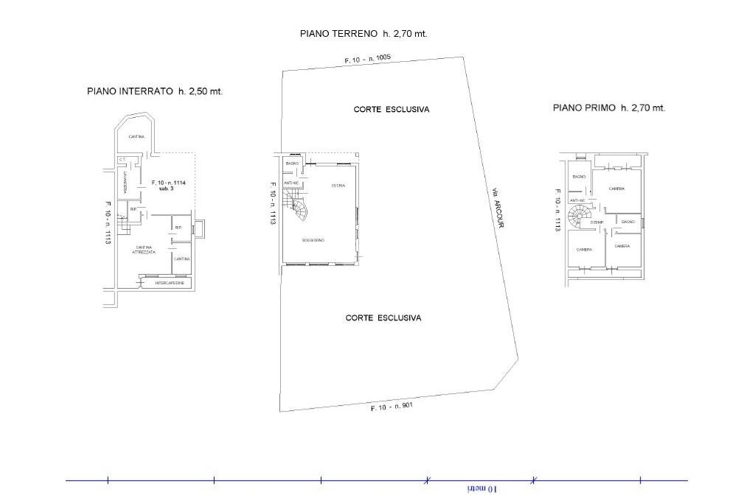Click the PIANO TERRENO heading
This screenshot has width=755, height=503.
click(x=363, y=33)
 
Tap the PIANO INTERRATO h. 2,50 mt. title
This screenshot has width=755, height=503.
click(x=155, y=91)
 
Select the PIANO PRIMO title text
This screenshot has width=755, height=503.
click(x=609, y=108)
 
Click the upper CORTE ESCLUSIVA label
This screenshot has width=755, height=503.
click(x=391, y=109)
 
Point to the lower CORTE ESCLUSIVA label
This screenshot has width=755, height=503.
click(x=383, y=318)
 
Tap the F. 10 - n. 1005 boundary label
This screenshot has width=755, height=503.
click(x=367, y=60)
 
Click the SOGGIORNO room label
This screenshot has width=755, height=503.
click(x=313, y=241)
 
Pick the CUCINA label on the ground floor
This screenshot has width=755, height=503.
click(x=338, y=185)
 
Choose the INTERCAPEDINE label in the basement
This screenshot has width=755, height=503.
click(x=170, y=283)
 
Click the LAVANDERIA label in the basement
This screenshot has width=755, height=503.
click(x=126, y=182)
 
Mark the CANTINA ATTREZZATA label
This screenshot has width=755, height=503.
click(x=144, y=250)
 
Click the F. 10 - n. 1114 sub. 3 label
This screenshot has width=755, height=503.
click(x=167, y=186)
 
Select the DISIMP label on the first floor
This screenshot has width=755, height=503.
click(x=597, y=222)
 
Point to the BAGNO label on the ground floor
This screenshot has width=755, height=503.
click(x=292, y=163)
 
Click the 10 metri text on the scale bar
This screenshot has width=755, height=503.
click(x=483, y=488)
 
